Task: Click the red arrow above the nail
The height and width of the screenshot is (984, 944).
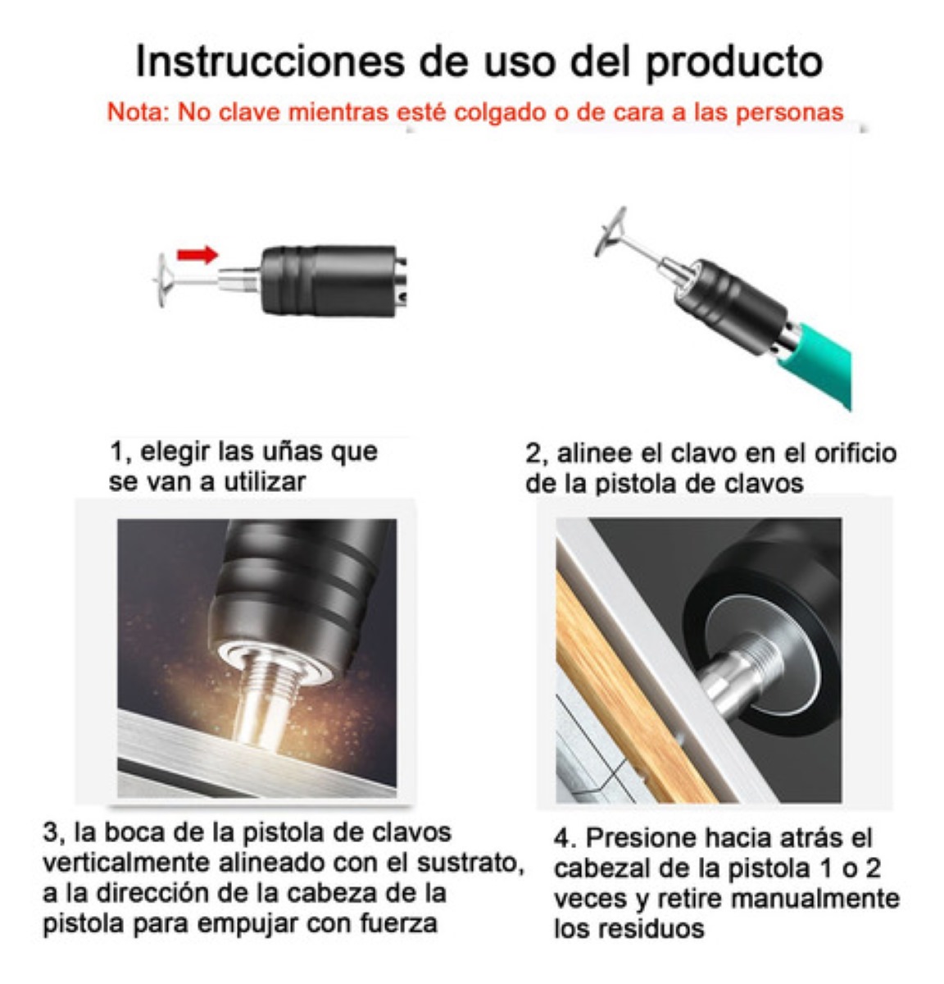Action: (197, 255)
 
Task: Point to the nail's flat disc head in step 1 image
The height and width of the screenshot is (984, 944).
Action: (161, 280)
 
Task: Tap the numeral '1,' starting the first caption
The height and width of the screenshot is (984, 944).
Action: (120, 452)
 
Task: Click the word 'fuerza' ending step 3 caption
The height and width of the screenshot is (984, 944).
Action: (398, 924)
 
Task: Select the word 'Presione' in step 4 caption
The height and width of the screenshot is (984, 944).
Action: (638, 839)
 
